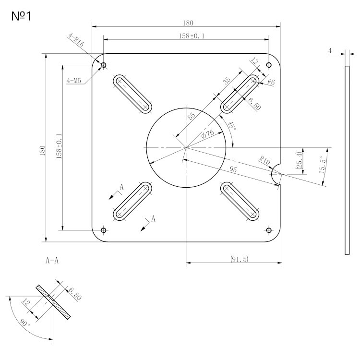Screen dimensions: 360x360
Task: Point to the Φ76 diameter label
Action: coord(207,135)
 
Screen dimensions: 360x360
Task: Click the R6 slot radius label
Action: coord(271,82)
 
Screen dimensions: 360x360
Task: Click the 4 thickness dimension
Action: coord(330,50)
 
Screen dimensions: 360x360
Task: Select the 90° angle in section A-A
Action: coord(25,322)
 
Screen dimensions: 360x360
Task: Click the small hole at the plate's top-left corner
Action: coord(103,65)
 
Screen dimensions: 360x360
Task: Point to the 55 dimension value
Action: coord(191,116)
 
